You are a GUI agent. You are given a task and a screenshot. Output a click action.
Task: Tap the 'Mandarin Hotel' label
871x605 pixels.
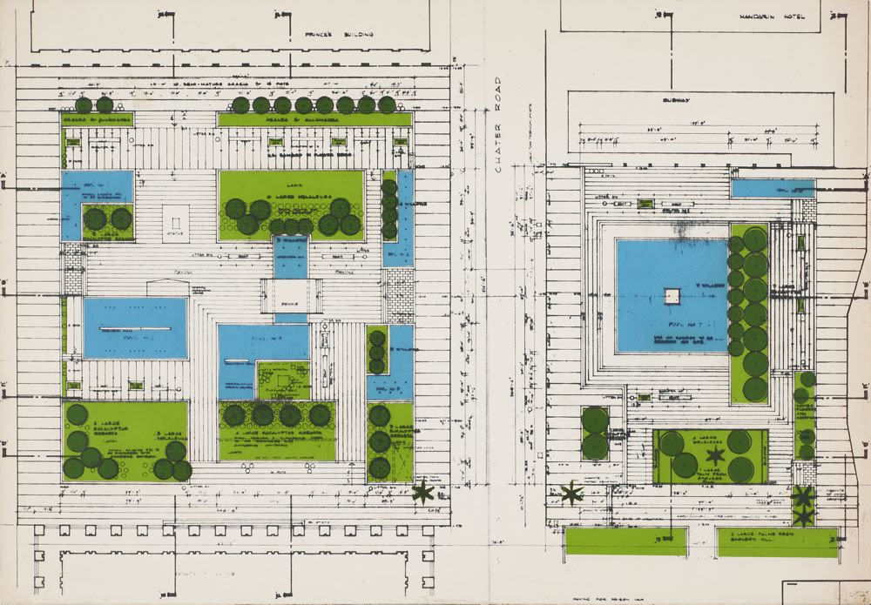[x=766, y=17]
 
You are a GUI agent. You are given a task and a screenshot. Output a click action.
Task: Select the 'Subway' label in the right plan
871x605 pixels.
[x=675, y=100]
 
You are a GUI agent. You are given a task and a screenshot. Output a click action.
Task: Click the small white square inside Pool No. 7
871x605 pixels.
[x=672, y=296]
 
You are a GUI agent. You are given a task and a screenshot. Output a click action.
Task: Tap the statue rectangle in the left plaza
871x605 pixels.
[x=175, y=223]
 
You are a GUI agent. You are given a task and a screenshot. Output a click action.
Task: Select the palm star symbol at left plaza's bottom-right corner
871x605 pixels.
[x=423, y=492]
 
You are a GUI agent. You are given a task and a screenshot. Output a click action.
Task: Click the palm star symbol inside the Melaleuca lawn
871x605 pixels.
[x=716, y=455]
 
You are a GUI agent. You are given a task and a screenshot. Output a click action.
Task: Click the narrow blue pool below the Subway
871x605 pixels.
[x=772, y=188]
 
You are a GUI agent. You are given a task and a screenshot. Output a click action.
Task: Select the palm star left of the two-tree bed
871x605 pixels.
[x=571, y=494]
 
